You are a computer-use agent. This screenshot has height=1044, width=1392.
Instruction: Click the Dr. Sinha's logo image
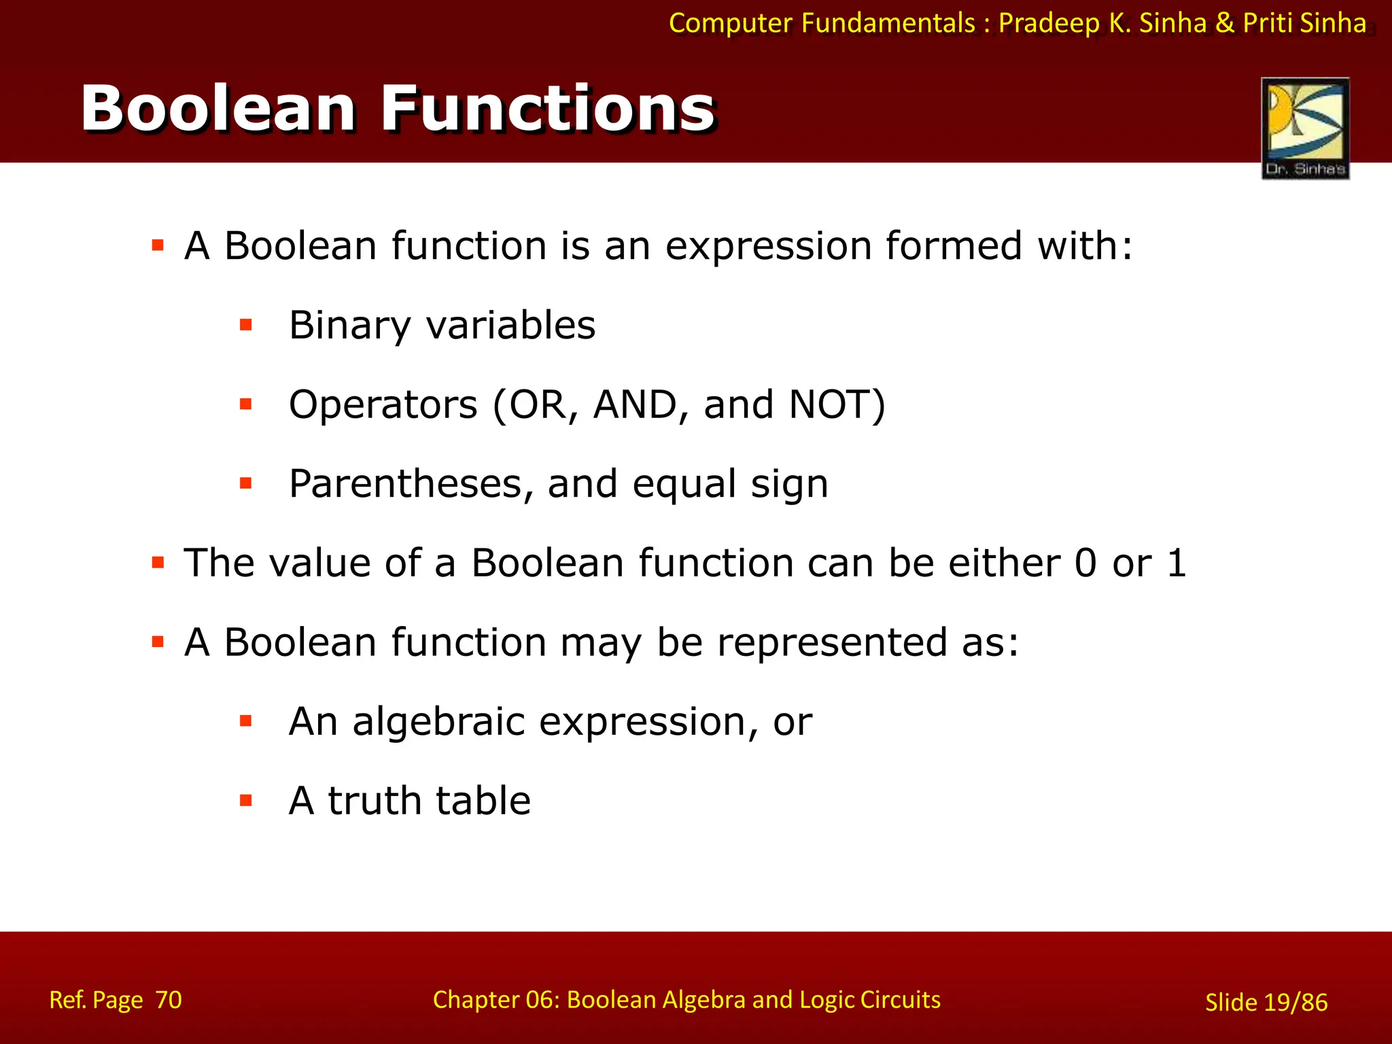tap(1305, 128)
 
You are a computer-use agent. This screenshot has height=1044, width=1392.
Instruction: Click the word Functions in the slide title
tap(548, 109)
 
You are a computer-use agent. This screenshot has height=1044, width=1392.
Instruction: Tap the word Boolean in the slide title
tap(218, 109)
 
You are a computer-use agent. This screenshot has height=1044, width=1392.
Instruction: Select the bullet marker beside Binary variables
tap(246, 325)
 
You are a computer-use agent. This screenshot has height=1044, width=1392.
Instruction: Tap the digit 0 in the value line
tap(1085, 563)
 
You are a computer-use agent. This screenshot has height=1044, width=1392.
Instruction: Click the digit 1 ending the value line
tap(1177, 563)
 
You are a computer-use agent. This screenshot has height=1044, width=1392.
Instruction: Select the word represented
tap(832, 643)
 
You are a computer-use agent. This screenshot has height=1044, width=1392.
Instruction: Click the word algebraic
tap(438, 722)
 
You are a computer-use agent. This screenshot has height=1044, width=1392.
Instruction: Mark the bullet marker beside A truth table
tap(246, 801)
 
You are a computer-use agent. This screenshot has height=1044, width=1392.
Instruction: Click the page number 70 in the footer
tap(168, 1000)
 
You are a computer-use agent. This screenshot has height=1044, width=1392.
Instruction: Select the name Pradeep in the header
tap(1049, 24)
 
